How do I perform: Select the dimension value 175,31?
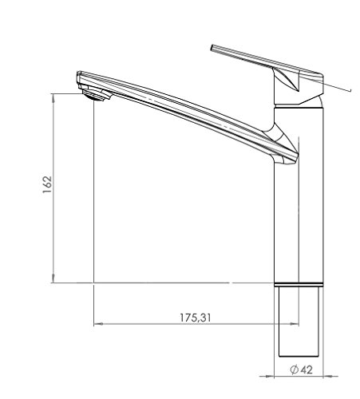[x=196, y=317]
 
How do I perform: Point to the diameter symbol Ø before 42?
[x=294, y=369]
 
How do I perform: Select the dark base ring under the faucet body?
[x=299, y=285]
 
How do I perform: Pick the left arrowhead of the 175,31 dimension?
[x=97, y=324]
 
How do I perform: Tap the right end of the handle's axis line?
[x=350, y=90]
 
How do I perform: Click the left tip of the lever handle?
[x=212, y=48]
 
